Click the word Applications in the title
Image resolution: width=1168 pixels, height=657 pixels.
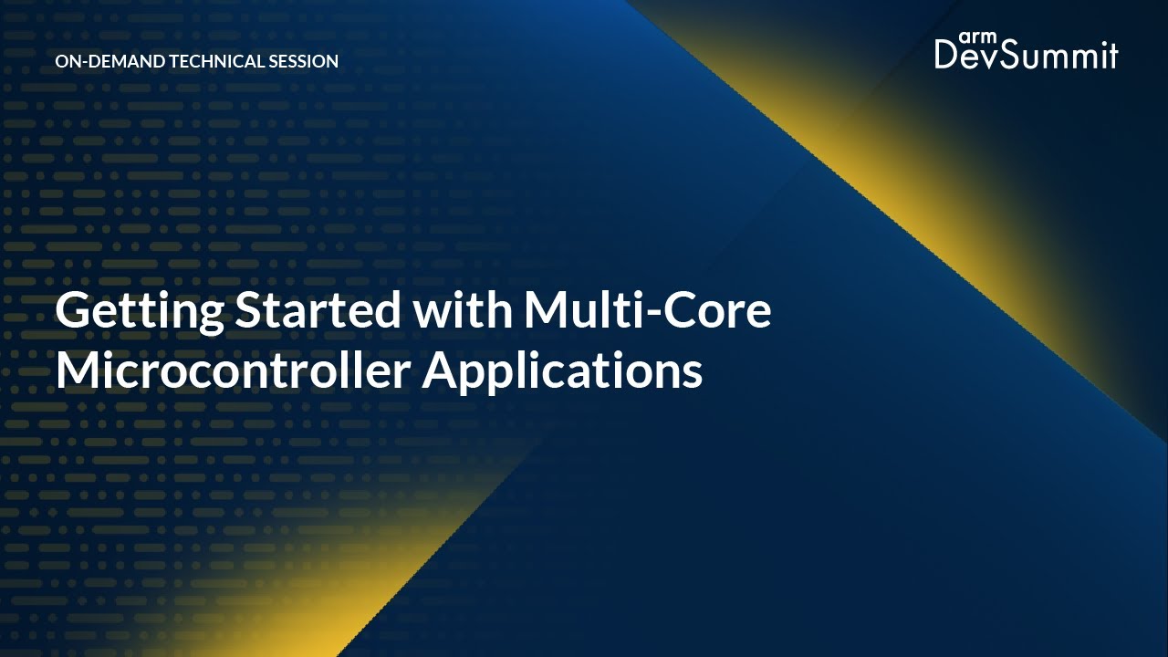point(562,373)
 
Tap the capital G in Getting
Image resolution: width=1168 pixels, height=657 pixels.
point(73,312)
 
